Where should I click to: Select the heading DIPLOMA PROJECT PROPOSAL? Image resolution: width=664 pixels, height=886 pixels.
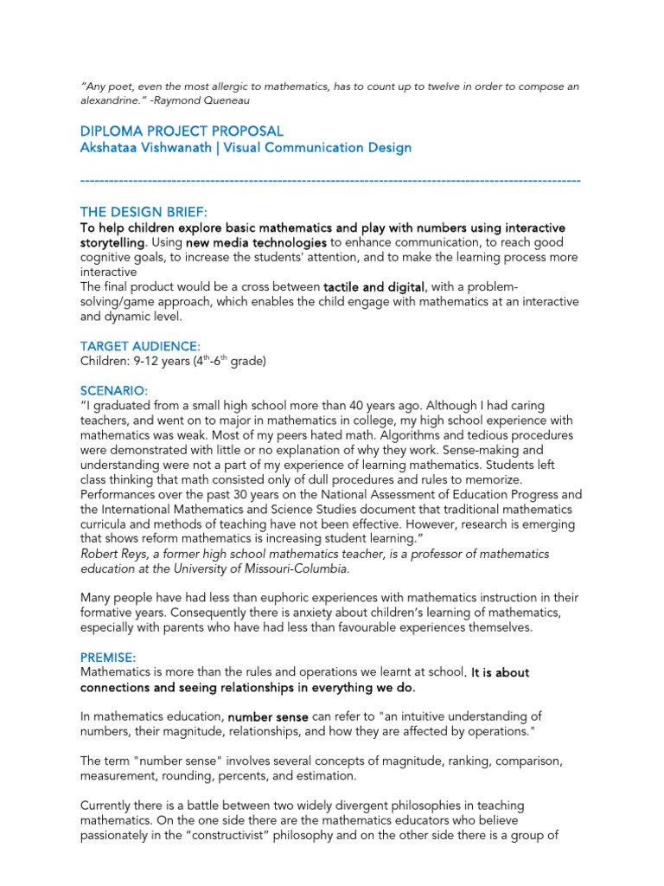tap(182, 132)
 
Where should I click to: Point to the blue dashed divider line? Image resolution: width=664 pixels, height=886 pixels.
tap(329, 179)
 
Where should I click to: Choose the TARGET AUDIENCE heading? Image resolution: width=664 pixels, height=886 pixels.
tap(140, 346)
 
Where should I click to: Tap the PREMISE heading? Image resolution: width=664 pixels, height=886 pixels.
tap(109, 658)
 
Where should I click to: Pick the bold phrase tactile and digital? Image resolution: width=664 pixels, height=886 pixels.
tap(374, 286)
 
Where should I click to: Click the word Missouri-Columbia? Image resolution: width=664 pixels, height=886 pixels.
tap(299, 568)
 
